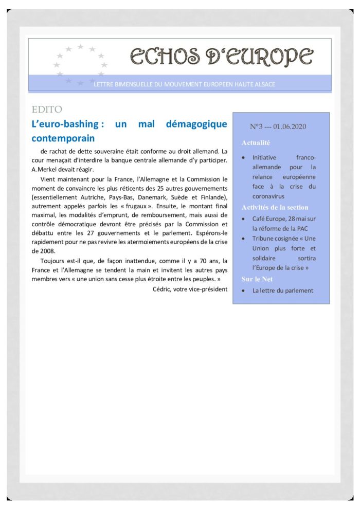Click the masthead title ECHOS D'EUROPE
click(221, 56)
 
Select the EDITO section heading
click(47, 110)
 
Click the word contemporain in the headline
click(63, 138)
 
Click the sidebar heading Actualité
click(256, 143)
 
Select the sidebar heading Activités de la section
click(275, 207)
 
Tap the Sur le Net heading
click(258, 279)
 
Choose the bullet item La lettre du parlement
click(282, 290)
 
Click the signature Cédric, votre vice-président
click(190, 289)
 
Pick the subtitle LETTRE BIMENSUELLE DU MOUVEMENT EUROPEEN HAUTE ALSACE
click(184, 84)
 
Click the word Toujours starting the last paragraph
click(53, 261)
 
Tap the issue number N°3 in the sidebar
click(257, 126)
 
